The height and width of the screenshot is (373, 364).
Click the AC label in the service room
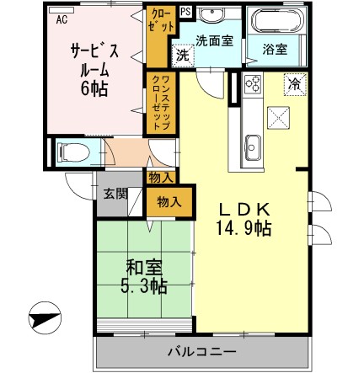click(x=62, y=22)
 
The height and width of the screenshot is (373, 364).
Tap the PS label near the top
click(x=185, y=12)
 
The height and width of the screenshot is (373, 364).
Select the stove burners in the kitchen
click(x=252, y=83)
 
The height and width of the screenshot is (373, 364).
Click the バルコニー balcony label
click(x=200, y=350)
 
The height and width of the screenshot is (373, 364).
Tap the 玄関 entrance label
click(x=115, y=193)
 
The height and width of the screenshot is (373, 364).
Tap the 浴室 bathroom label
click(x=275, y=50)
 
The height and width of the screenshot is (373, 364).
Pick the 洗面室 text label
click(x=215, y=40)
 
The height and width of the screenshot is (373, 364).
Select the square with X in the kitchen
click(x=280, y=117)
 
